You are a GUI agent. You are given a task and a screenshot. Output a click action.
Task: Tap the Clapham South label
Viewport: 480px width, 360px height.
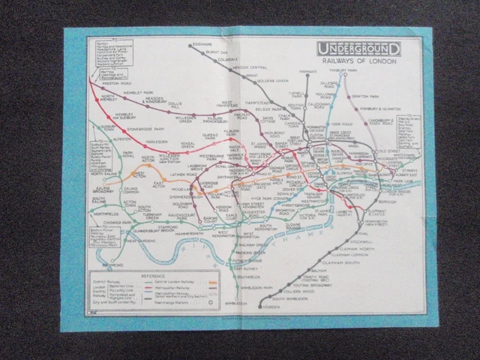[351, 261]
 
